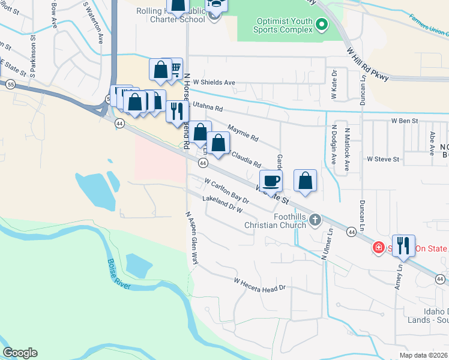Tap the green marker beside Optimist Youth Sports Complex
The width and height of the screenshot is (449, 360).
pos(322,25)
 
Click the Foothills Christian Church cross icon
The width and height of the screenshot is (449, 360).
pos(315,221)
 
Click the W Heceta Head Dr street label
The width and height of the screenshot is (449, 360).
pos(259,284)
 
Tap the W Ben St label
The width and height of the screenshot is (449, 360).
pos(404,121)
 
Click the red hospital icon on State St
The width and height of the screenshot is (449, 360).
pos(379,247)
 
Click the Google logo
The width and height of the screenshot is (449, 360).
pos(20,353)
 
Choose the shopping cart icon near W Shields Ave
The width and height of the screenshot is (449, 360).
pos(175,68)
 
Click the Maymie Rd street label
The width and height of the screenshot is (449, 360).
pos(243,133)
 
